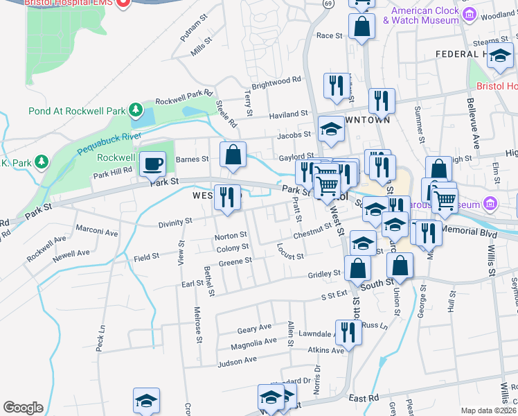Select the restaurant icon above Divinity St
pos(226,198)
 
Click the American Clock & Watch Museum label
pos(425,15)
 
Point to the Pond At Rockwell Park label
pos(78,111)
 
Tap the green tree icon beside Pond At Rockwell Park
pos(137,110)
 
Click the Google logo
pos(23,408)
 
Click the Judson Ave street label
pos(237,361)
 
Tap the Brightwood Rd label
pos(276,80)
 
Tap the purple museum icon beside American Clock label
pos(470,14)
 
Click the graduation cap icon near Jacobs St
pos(331,130)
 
